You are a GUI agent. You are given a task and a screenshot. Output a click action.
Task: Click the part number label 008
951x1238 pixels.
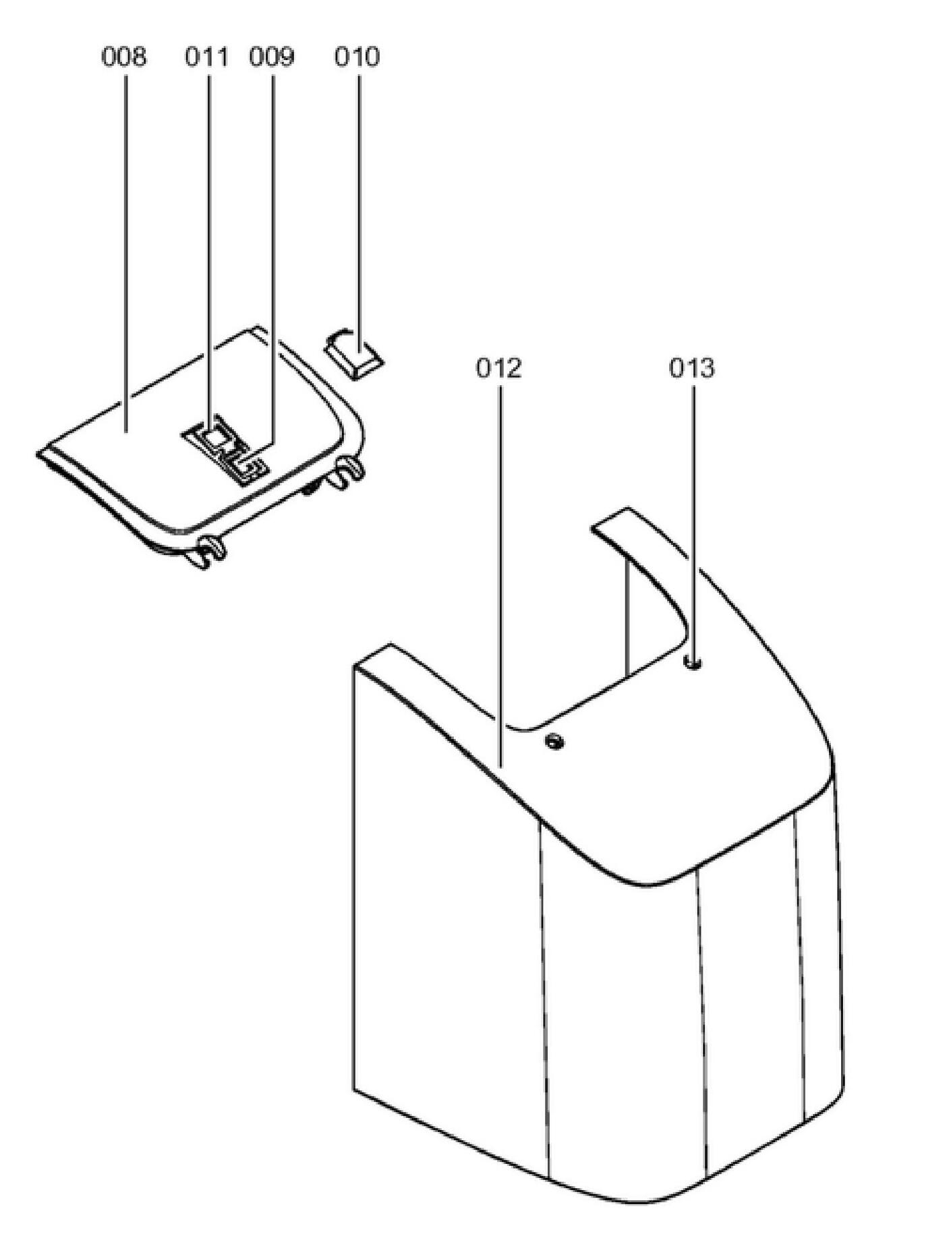coord(123,57)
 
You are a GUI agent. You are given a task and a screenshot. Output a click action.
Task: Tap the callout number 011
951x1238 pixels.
coord(206,57)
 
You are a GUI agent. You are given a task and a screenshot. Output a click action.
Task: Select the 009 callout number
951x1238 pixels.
coord(271,57)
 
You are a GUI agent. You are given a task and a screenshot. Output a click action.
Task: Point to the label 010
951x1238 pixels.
coord(357,57)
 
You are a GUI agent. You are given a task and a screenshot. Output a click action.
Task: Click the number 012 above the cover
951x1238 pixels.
coord(499,368)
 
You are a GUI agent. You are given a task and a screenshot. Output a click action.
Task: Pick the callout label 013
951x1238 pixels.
coord(692,368)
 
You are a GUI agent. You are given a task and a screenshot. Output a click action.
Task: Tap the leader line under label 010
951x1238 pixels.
coord(358,202)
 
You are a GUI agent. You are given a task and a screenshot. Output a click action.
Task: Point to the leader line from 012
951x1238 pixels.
coord(500,573)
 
